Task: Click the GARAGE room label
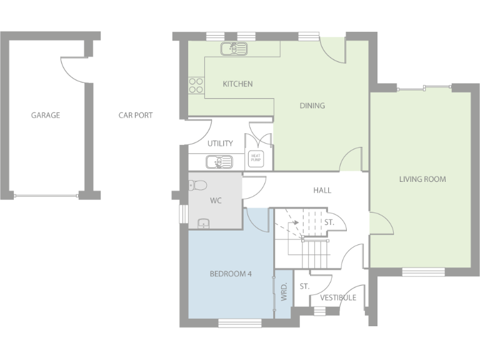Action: pyautogui.click(x=46, y=115)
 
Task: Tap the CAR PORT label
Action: pyautogui.click(x=136, y=115)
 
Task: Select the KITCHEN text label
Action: pyautogui.click(x=237, y=84)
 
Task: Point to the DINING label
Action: pyautogui.click(x=312, y=106)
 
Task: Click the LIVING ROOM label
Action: pyautogui.click(x=422, y=179)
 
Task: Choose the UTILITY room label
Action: pyautogui.click(x=220, y=143)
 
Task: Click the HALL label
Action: pyautogui.click(x=322, y=190)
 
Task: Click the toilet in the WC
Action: pyautogui.click(x=197, y=185)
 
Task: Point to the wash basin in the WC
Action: pyautogui.click(x=203, y=224)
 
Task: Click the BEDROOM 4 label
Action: pyautogui.click(x=230, y=273)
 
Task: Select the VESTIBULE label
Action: pyautogui.click(x=338, y=297)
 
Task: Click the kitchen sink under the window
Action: pyautogui.click(x=234, y=48)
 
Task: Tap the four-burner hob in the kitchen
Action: pyautogui.click(x=196, y=85)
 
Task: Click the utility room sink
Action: pyautogui.click(x=219, y=162)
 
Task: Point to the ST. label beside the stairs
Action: pyautogui.click(x=329, y=222)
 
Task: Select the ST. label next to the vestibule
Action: pyautogui.click(x=304, y=286)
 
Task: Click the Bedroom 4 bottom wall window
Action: pyautogui.click(x=240, y=323)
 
